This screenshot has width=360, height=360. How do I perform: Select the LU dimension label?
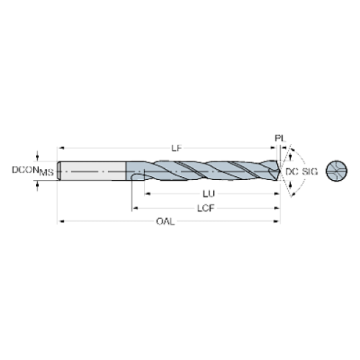(209, 193)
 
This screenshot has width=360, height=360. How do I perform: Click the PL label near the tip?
(280, 138)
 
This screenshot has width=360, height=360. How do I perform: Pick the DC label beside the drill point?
(291, 171)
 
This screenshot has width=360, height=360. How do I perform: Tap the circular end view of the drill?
(335, 170)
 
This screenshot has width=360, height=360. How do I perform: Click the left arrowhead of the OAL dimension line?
(62, 221)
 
